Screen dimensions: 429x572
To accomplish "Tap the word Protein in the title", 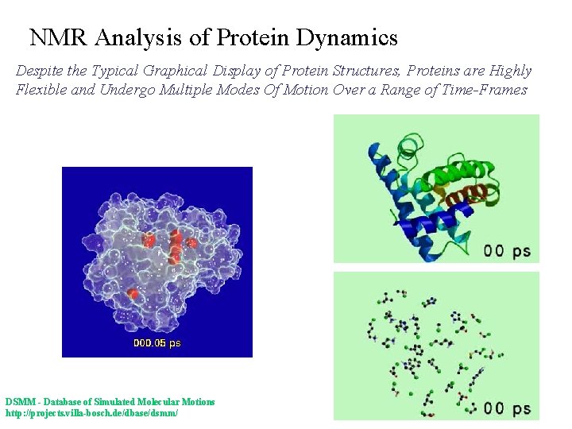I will pos(254,37).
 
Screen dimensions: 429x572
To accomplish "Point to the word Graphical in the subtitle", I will pos(176,71).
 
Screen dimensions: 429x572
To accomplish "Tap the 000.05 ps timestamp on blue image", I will pos(157,343).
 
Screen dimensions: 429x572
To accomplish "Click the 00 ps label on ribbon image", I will pos(507,250).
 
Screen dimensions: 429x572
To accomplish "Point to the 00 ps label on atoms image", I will pos(507,408).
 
